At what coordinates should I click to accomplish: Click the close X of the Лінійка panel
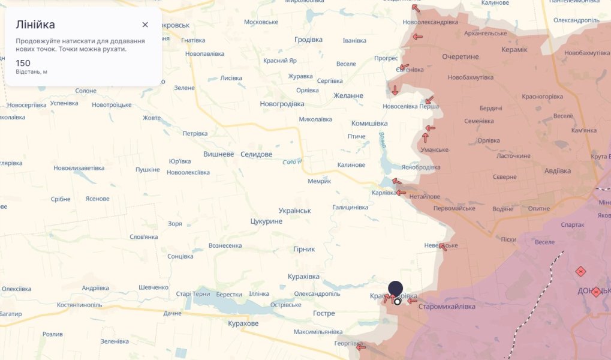coord(145,25)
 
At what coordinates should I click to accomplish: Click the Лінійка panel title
coord(35,25)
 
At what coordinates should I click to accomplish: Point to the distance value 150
coord(23,63)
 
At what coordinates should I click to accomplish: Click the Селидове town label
coord(256,154)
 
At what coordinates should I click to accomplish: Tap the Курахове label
coord(243,323)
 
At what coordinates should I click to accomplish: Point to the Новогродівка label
coord(282,104)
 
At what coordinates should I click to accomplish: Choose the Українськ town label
coord(295,211)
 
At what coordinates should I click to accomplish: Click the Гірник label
coord(304,249)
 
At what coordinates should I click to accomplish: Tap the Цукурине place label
coord(266,221)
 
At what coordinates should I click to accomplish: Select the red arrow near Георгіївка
coord(360,347)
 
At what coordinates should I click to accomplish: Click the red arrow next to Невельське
coord(443,247)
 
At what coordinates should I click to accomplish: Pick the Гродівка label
coord(308,40)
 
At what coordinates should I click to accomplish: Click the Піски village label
coord(508,239)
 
